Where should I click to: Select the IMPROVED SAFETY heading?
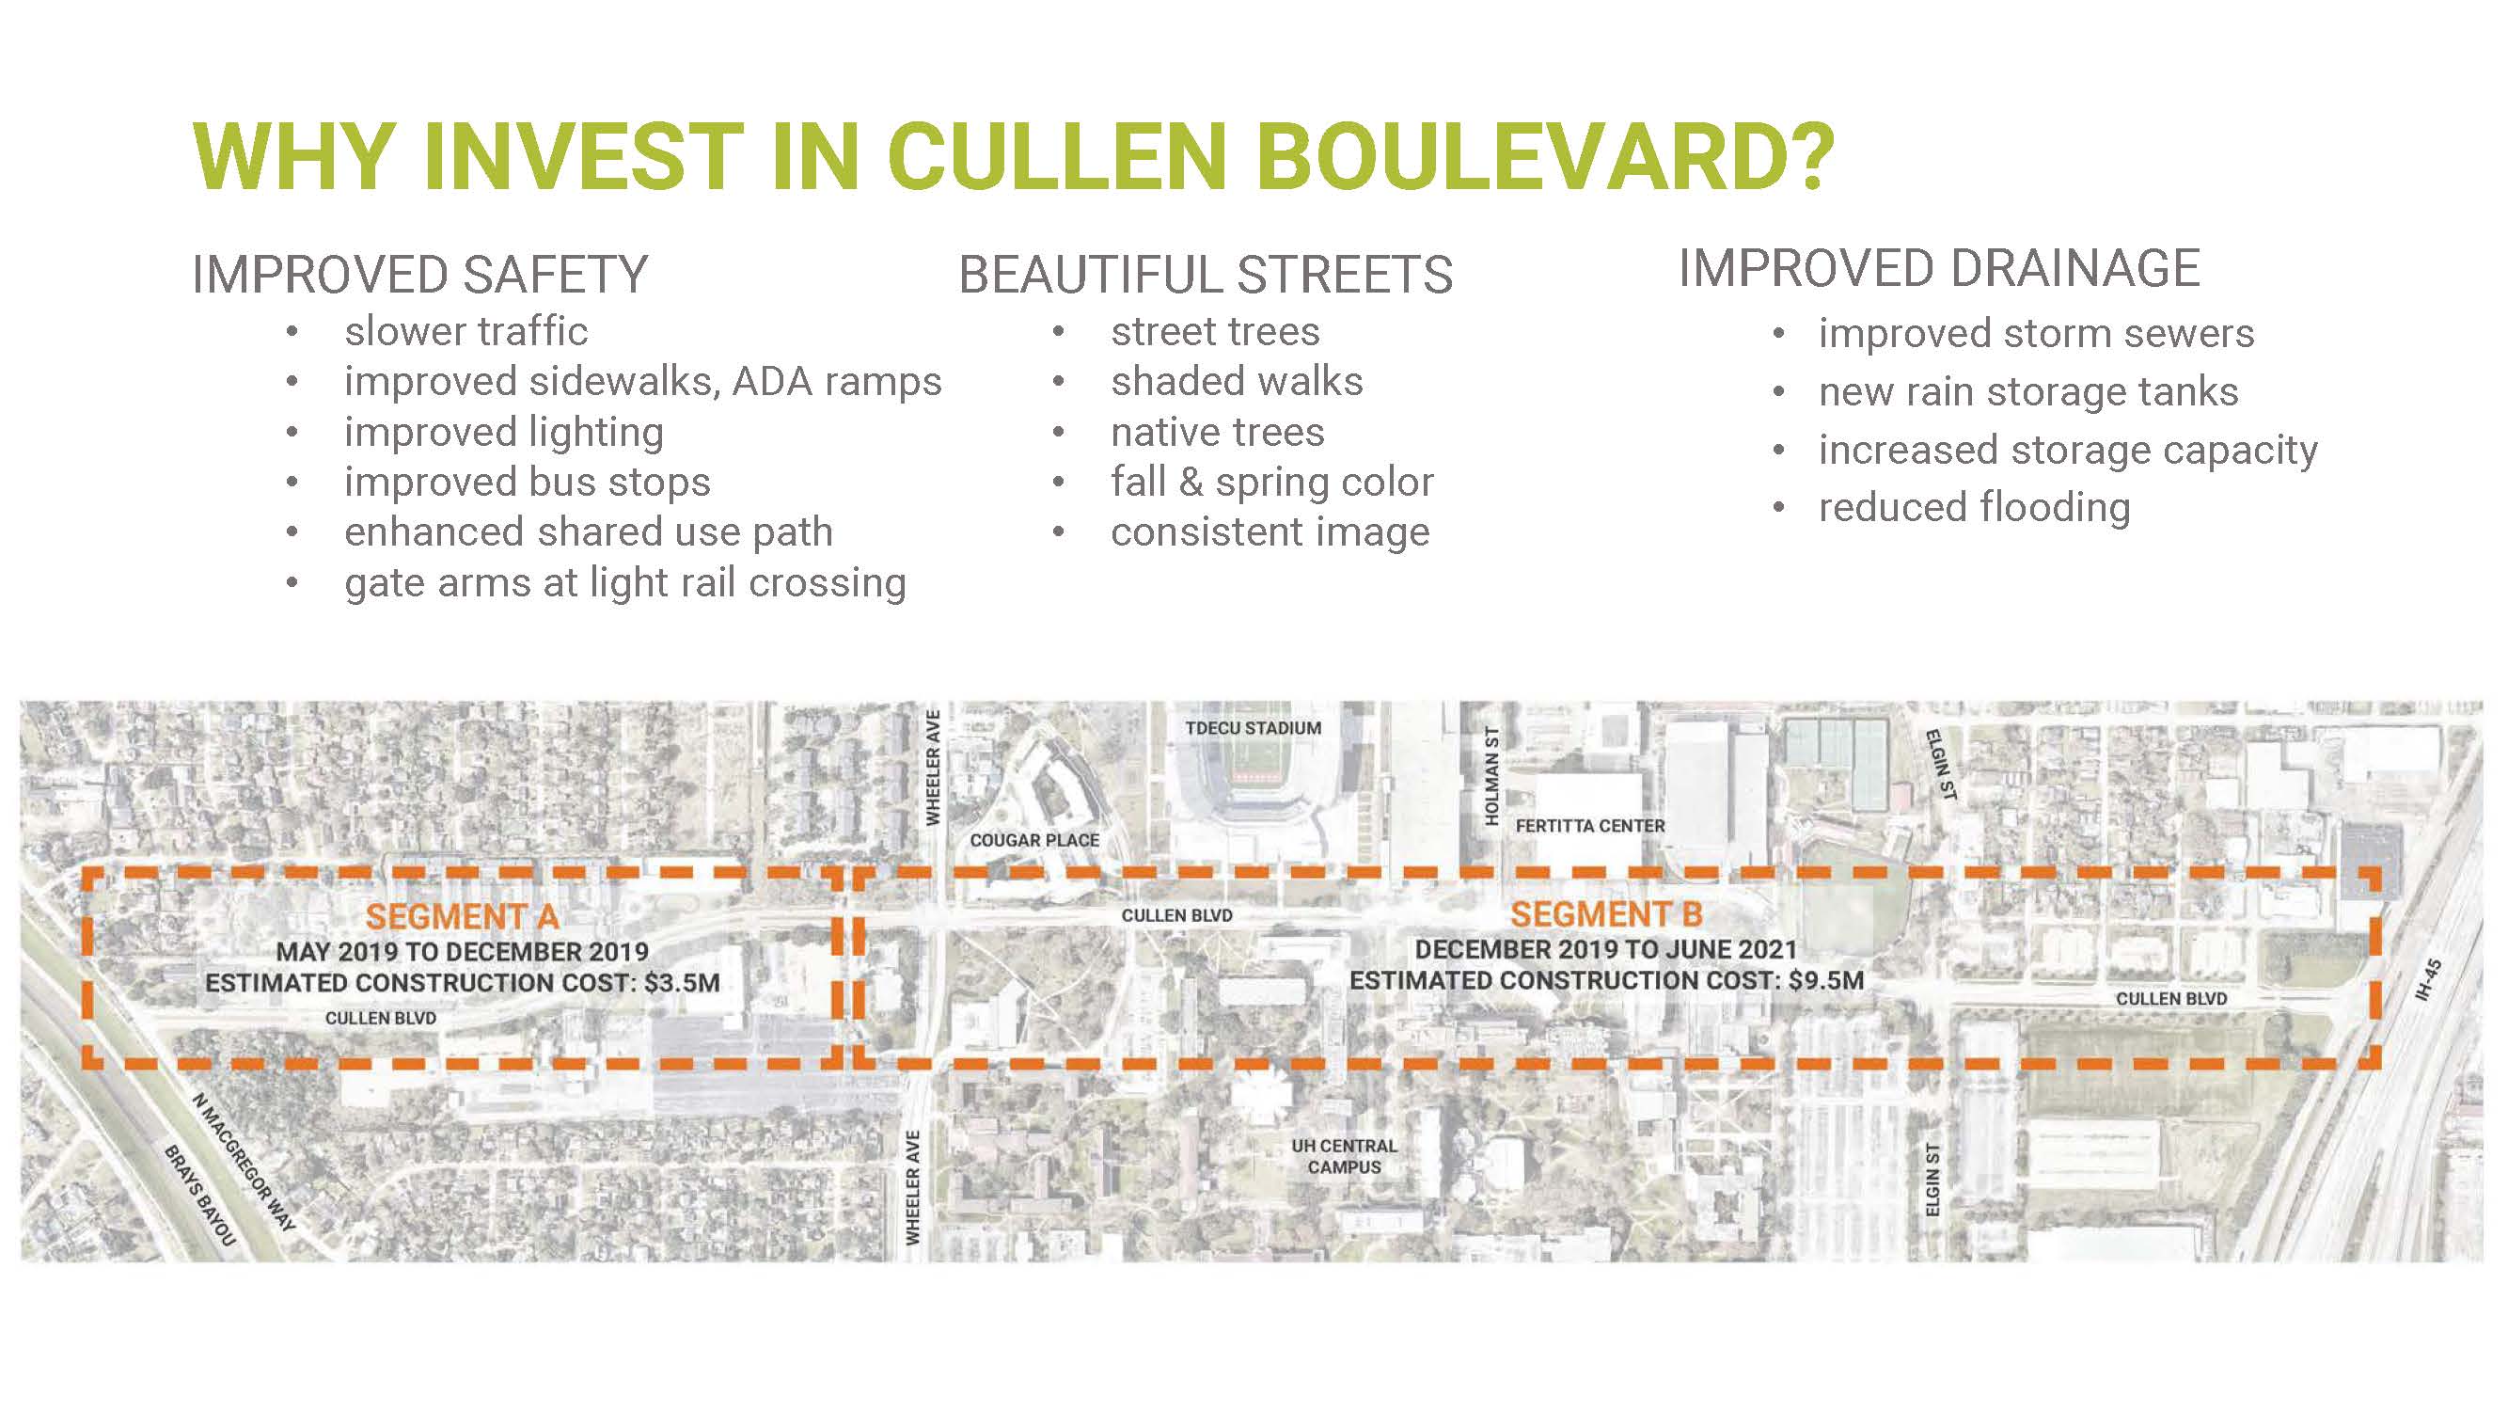tap(419, 275)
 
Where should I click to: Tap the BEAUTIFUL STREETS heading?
tap(1206, 275)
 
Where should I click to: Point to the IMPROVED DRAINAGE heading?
tap(1938, 269)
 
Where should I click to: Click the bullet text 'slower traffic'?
tap(465, 332)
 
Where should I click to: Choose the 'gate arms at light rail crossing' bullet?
tap(625, 583)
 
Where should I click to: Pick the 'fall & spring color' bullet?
tap(1271, 482)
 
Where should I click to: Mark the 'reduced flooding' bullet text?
tap(1975, 507)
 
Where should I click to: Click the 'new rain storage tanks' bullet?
tap(2028, 391)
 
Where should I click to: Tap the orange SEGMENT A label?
tap(463, 916)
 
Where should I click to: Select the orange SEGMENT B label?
tap(1606, 914)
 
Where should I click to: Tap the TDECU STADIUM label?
tap(1253, 728)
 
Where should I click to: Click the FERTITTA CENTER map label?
tap(1590, 826)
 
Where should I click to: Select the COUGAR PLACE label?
tap(1034, 840)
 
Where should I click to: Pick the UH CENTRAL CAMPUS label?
tap(1344, 1157)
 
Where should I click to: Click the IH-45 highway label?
tap(2430, 979)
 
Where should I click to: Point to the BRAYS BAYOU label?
tap(199, 1196)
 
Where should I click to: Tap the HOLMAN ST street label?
tap(1491, 776)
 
